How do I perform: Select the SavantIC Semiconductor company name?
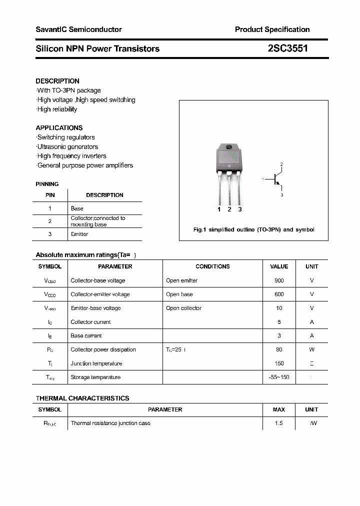(78, 29)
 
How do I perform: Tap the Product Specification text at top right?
(272, 29)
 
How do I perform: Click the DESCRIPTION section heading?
(57, 81)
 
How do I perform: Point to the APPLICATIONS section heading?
(59, 127)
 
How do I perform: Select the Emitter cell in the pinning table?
(79, 234)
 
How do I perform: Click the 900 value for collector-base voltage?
(279, 280)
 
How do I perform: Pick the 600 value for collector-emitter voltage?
(279, 294)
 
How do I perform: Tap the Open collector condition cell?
(183, 308)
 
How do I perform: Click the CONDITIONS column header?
(212, 266)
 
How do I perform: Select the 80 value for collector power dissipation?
(279, 349)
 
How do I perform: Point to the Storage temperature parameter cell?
(95, 377)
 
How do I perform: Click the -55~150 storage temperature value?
(279, 377)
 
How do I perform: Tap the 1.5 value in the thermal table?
(279, 423)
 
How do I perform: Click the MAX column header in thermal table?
(279, 409)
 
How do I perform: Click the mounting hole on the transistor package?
(229, 147)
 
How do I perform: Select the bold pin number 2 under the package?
(229, 209)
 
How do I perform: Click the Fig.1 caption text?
(253, 229)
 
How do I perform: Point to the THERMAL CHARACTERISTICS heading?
(82, 398)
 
